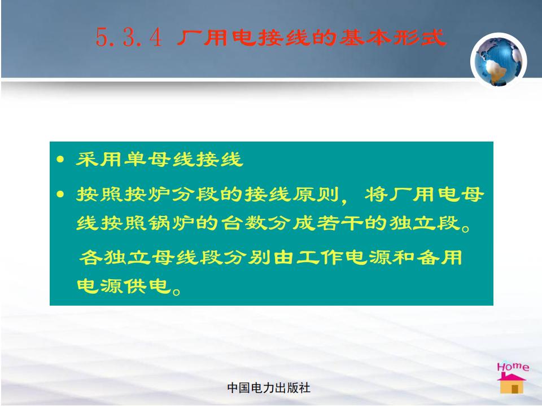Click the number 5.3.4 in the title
(x=129, y=37)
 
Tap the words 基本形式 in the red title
(x=393, y=37)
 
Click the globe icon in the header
(x=499, y=61)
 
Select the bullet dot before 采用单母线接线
(x=60, y=159)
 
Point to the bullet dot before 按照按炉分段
(x=60, y=195)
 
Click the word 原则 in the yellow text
(x=316, y=195)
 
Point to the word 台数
(x=244, y=223)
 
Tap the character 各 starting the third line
(x=90, y=258)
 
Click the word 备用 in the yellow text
(x=439, y=258)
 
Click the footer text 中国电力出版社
(x=269, y=388)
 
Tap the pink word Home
(x=513, y=367)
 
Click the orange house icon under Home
(x=512, y=383)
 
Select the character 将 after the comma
(x=376, y=195)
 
